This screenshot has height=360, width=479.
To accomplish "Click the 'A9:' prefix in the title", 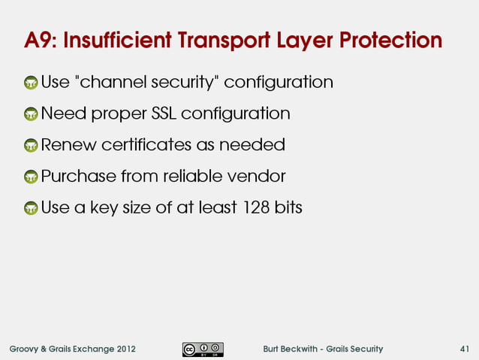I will tap(40, 40).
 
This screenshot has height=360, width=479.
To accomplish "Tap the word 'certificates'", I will tap(142, 144).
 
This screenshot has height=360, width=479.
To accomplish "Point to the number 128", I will tap(256, 207).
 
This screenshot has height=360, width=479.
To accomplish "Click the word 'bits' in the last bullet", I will tap(288, 207).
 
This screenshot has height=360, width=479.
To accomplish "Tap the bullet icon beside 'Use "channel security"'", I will tap(31, 83).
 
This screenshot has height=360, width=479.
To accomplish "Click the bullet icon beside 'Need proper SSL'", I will tap(31, 115).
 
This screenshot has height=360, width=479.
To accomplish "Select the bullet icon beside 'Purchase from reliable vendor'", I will tap(31, 178).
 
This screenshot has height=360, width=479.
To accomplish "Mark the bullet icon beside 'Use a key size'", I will tap(31, 209).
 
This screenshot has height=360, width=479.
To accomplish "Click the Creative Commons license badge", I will tap(202, 349).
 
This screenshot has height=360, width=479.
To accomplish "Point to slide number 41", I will tap(465, 349).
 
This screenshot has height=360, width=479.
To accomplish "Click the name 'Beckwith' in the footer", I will tap(303, 349).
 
